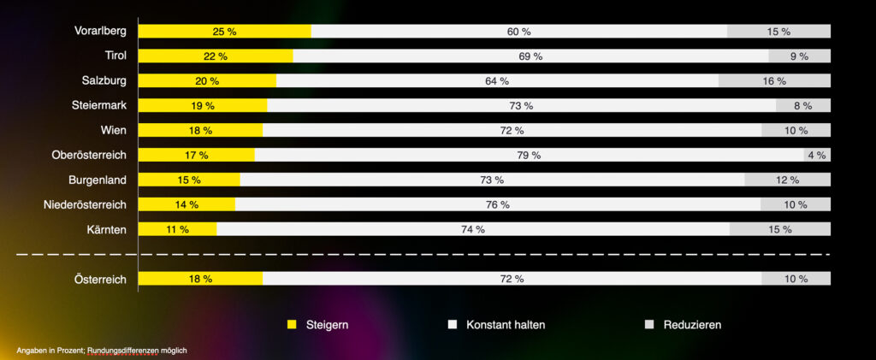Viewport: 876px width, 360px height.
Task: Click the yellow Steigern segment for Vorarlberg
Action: tap(224, 32)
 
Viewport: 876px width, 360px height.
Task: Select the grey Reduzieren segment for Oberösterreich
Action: tap(817, 156)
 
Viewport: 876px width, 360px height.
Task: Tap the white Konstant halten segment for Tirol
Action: tap(530, 56)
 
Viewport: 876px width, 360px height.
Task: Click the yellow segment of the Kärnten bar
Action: tap(177, 230)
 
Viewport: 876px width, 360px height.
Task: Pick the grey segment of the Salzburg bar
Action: tap(774, 81)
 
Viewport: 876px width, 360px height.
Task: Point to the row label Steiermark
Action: tap(99, 106)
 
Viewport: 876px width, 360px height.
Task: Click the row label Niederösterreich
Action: tap(85, 205)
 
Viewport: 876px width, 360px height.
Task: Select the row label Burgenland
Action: tap(98, 180)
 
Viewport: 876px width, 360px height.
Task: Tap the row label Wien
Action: tap(113, 131)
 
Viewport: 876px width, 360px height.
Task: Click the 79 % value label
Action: tap(530, 156)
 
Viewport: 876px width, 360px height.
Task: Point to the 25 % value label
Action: tap(224, 32)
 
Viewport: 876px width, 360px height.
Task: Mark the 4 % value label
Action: tap(816, 156)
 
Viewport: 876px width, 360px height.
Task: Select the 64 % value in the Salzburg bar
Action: tap(497, 81)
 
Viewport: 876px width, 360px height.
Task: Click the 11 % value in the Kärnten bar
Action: tap(178, 230)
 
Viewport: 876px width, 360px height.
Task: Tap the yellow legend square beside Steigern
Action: tap(292, 325)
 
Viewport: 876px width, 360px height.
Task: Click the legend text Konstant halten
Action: tap(506, 325)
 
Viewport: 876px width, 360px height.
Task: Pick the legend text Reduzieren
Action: tap(692, 325)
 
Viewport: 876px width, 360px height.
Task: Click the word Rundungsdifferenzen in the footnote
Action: tap(125, 351)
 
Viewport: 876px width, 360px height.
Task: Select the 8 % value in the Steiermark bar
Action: tap(802, 106)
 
